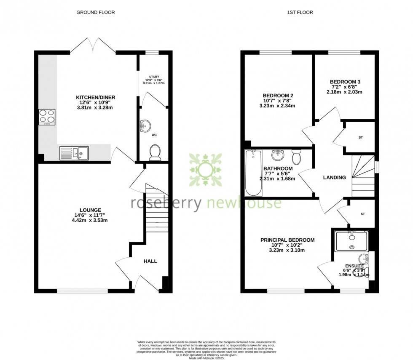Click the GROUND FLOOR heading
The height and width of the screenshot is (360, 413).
(x=95, y=13)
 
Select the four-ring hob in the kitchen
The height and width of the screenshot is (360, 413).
(x=47, y=117)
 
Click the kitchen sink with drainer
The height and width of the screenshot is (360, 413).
(x=74, y=153)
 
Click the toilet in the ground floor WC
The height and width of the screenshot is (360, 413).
(x=155, y=152)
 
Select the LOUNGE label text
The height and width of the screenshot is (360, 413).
(x=91, y=210)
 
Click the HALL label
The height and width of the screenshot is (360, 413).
(x=150, y=261)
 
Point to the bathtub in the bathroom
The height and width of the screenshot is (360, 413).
(x=253, y=173)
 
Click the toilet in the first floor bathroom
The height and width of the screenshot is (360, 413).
(x=297, y=156)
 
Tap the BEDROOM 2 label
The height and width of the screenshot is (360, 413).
(x=278, y=95)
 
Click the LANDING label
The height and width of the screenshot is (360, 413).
(x=334, y=178)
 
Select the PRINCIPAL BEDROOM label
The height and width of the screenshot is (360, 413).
(x=287, y=240)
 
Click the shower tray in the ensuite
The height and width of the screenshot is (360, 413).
(x=351, y=241)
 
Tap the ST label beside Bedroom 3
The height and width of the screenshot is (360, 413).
(x=360, y=137)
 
